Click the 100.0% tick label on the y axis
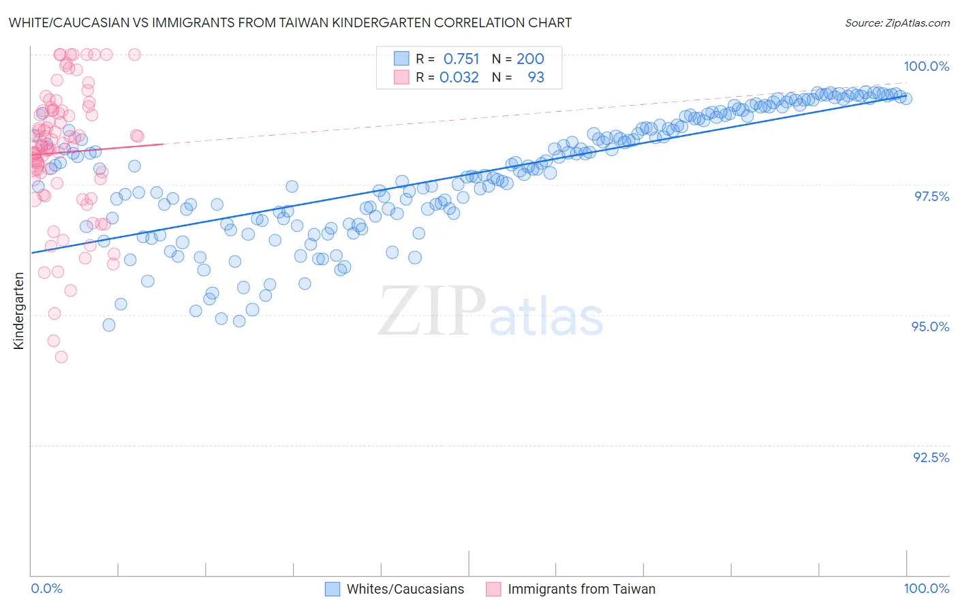click(926, 66)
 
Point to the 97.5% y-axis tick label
click(931, 196)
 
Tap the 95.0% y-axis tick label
click(930, 326)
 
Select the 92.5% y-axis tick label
click(931, 457)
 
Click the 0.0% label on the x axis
click(46, 588)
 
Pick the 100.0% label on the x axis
click(926, 588)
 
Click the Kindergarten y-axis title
click(19, 311)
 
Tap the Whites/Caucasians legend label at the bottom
click(405, 589)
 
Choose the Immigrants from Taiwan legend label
click(581, 589)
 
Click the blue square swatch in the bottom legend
click(333, 589)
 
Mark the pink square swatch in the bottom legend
click(493, 589)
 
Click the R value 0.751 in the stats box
click(461, 59)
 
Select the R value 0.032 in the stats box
click(459, 77)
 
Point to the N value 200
click(530, 59)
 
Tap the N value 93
click(536, 77)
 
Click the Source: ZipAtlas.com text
click(897, 22)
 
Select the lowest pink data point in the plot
click(61, 356)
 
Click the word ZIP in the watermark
click(431, 311)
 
